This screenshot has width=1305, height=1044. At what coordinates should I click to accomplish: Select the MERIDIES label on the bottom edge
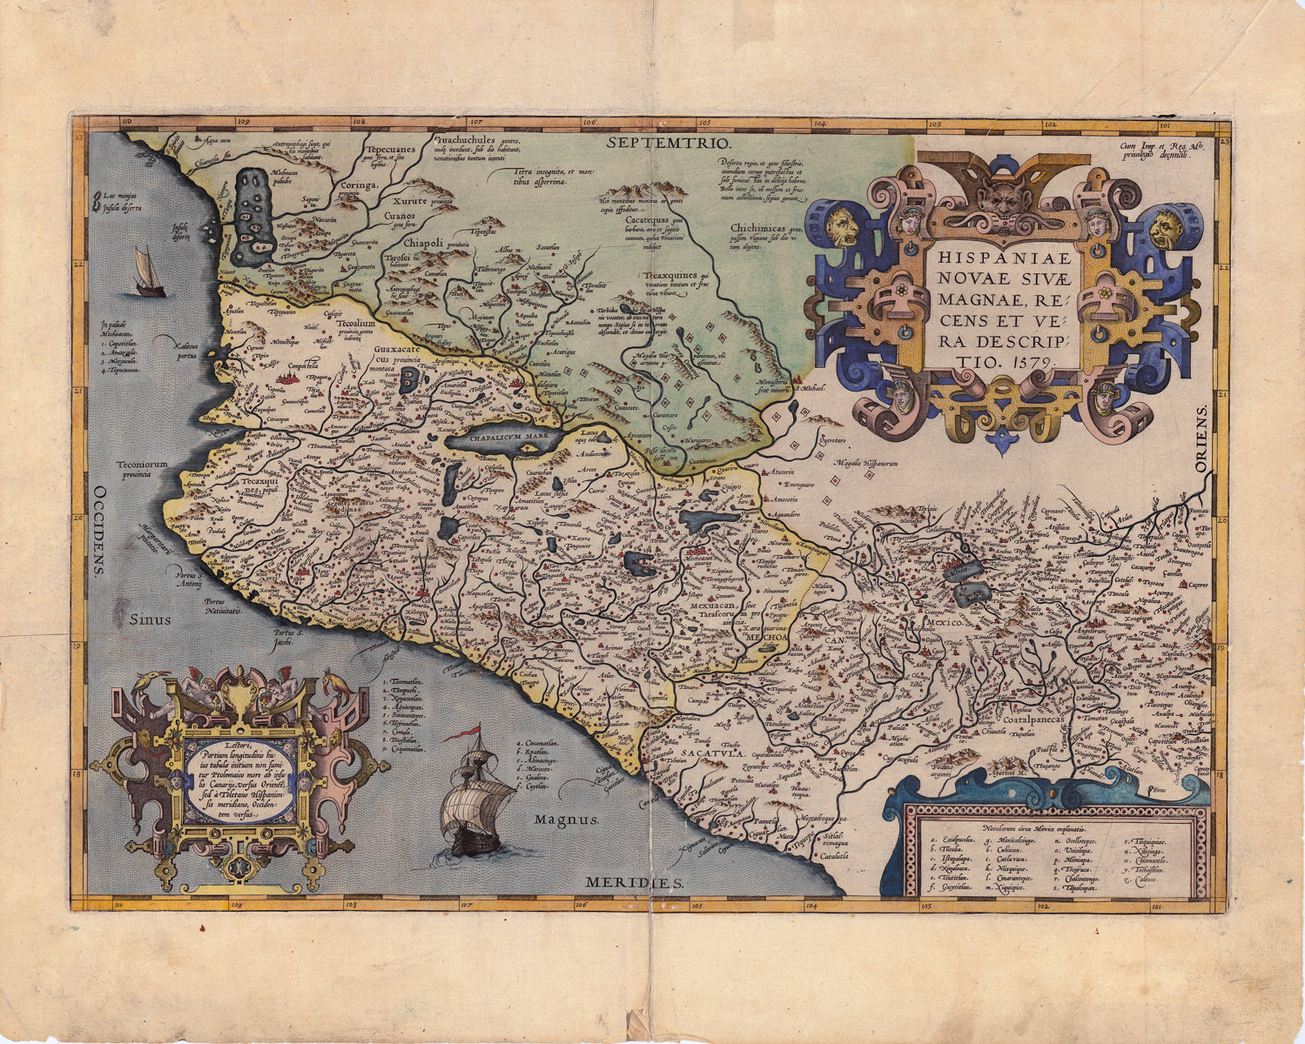pyautogui.click(x=634, y=882)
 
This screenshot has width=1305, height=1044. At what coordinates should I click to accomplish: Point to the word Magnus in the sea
pyautogui.click(x=566, y=819)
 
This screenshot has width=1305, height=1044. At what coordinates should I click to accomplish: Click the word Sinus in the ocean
pyautogui.click(x=151, y=619)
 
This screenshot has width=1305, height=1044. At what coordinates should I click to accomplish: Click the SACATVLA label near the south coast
pyautogui.click(x=712, y=753)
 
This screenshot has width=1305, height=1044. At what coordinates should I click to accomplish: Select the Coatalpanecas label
pyautogui.click(x=1041, y=720)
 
